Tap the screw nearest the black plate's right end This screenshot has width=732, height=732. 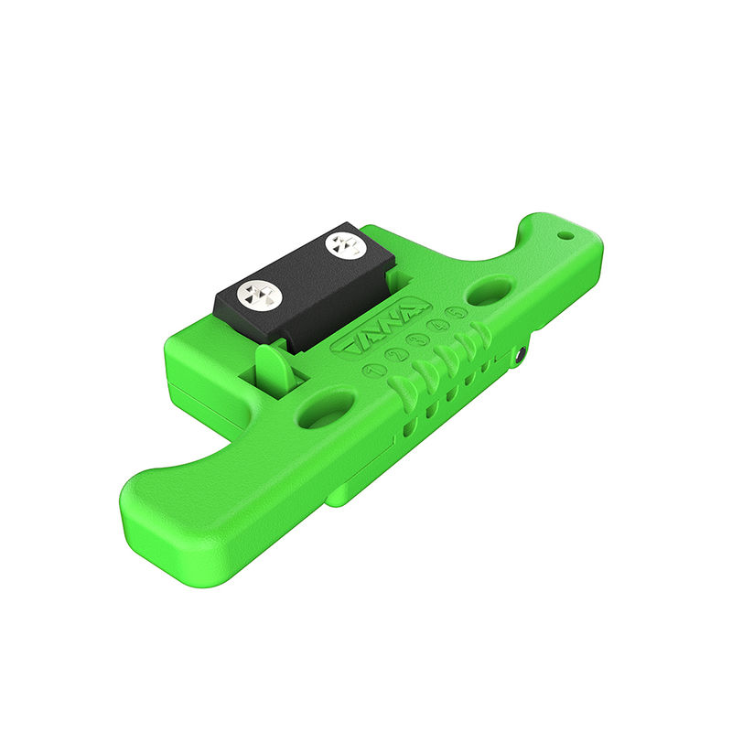[x=344, y=244]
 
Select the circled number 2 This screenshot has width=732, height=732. [x=396, y=356]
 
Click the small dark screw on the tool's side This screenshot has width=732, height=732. [x=520, y=355]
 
